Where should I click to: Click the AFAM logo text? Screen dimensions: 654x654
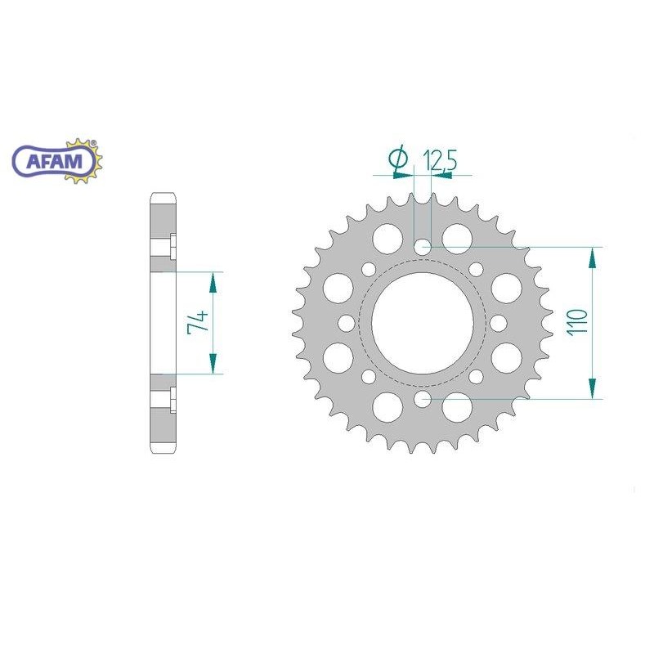coord(54,161)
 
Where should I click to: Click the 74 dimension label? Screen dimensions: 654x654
coord(197,321)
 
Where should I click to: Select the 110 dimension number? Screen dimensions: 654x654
coord(577,321)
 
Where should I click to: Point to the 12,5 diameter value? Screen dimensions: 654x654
coord(440,159)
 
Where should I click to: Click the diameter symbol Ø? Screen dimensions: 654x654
coord(397,158)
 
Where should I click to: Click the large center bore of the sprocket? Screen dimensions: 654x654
coord(422,323)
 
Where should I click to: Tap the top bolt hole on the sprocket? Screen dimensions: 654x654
coord(423,247)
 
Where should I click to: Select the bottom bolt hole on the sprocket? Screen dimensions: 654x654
coord(423,399)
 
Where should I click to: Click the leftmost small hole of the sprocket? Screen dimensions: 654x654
coord(346,323)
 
